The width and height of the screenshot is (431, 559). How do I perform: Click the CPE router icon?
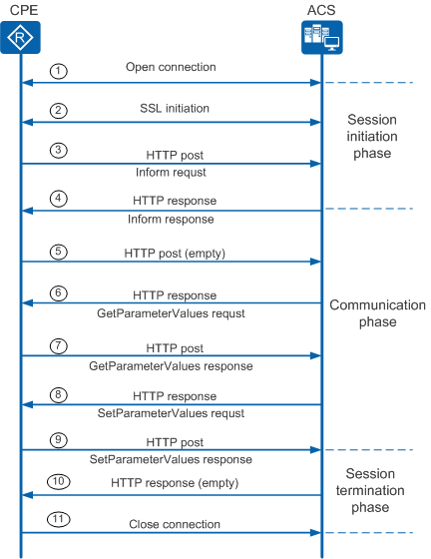point(20,38)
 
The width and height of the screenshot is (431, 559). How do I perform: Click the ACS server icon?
point(322,38)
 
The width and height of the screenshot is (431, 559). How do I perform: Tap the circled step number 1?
point(59,71)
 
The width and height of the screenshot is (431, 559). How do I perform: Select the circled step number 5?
point(59,252)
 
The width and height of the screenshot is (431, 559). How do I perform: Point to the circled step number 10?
point(59,481)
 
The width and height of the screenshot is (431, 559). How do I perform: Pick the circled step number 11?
point(59,519)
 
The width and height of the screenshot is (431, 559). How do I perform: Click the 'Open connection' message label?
point(171,67)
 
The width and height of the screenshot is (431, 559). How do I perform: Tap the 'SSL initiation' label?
point(175,108)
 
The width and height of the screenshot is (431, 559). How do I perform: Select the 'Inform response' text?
point(171,219)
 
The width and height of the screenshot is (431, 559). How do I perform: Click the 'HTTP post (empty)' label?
point(175,254)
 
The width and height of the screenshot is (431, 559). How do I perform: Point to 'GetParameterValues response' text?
point(171,366)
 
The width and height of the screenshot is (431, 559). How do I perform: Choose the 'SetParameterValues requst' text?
point(171,413)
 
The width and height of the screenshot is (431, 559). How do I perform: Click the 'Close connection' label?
point(175,524)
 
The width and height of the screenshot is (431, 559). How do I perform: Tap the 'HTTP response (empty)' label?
point(175,483)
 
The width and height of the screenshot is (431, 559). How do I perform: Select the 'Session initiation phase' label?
point(372,136)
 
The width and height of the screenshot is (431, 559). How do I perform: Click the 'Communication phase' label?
point(377,313)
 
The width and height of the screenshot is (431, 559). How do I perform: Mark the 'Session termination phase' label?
point(370,490)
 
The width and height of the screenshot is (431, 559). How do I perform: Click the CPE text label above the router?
point(24,10)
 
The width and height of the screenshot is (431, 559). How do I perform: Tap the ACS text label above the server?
point(321,10)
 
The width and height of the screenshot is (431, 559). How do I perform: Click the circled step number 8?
point(59,395)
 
